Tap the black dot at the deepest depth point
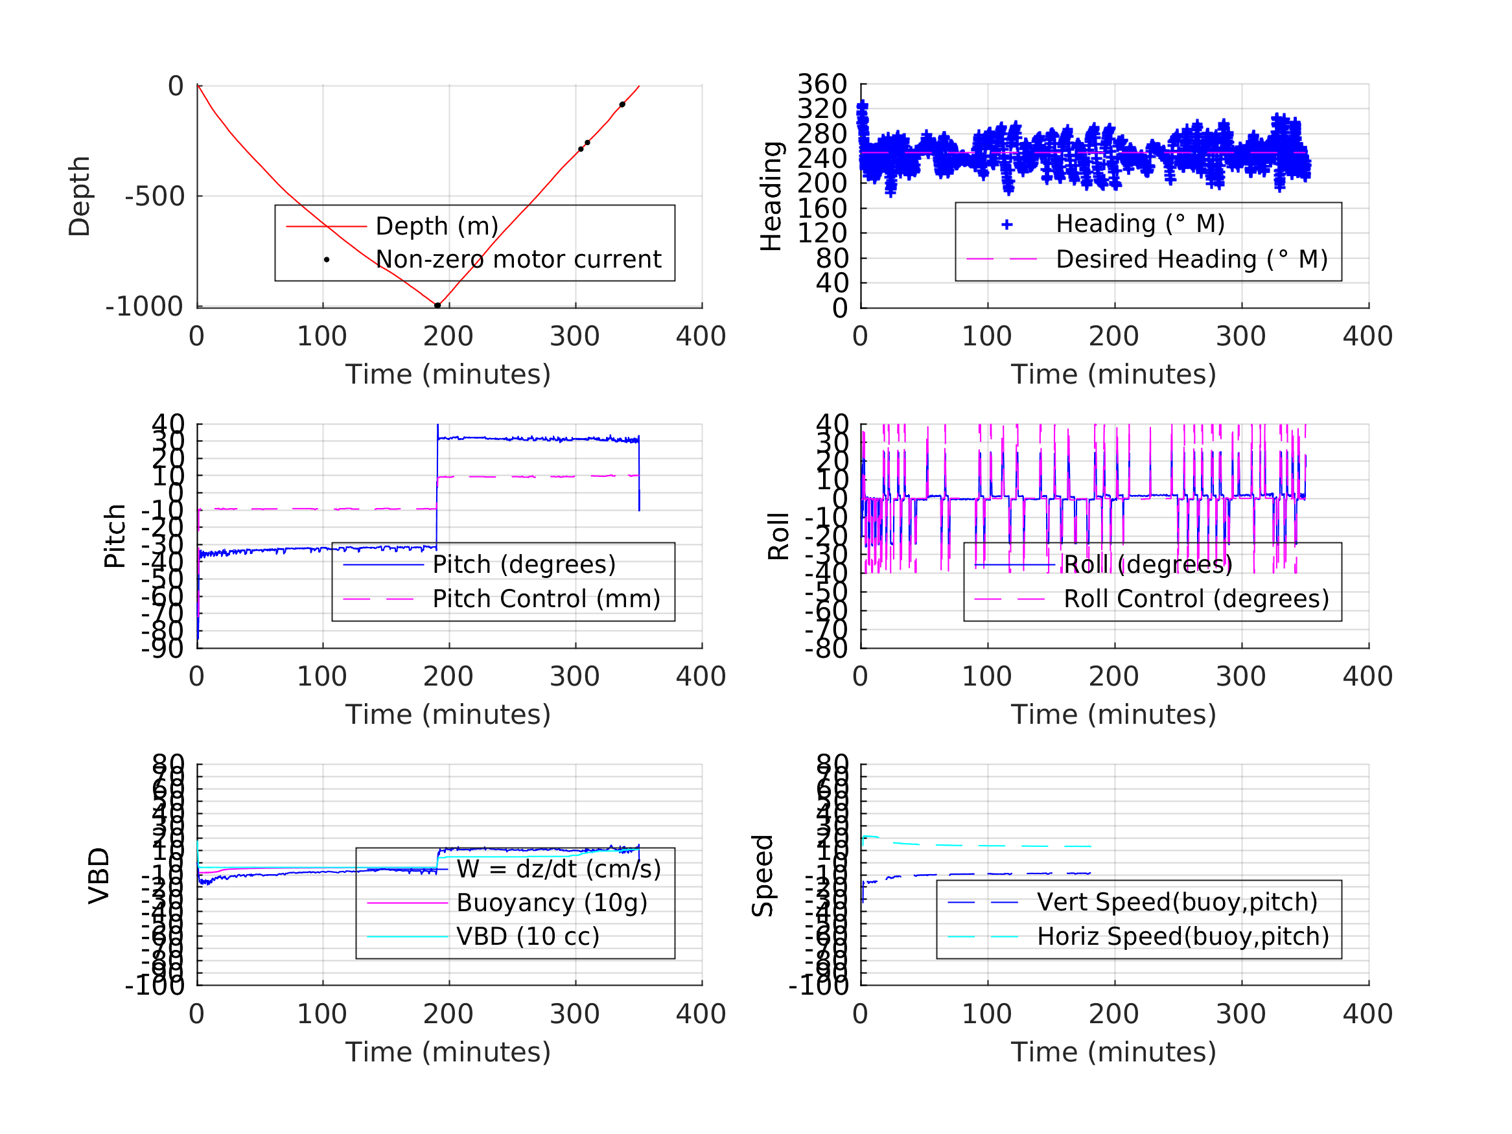coord(437,306)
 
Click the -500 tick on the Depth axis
coord(155,197)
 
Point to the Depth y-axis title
coord(79,196)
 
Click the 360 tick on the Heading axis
coord(822,84)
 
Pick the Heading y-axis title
coord(771,196)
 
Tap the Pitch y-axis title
coord(115,537)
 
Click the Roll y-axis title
coord(778,537)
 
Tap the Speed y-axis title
coord(763,875)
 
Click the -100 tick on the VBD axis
coord(155,986)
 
